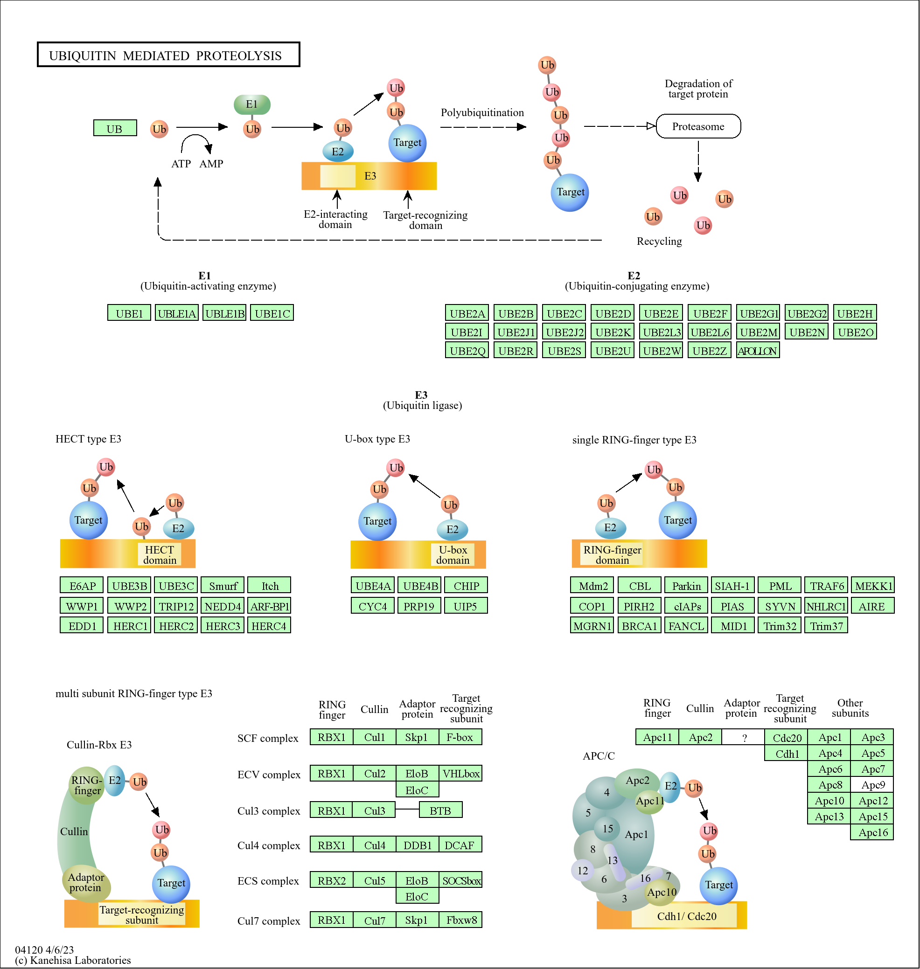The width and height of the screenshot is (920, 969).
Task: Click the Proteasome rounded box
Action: (x=698, y=126)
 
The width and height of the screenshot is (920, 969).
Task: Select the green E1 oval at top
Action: (x=251, y=104)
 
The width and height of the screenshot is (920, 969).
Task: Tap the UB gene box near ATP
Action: (x=115, y=128)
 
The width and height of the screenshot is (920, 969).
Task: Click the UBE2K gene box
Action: (x=613, y=332)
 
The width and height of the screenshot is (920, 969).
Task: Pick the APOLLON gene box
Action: (x=757, y=351)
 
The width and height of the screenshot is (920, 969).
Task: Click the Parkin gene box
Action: (x=686, y=586)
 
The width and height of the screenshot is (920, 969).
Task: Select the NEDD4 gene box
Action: (x=223, y=606)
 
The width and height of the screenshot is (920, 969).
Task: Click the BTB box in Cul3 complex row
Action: (x=440, y=810)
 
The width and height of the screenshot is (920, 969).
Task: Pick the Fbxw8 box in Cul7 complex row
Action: (x=460, y=920)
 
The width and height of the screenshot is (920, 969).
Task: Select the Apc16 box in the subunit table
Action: (x=873, y=832)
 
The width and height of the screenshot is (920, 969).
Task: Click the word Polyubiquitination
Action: (x=482, y=113)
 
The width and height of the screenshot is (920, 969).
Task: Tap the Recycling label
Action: (x=659, y=241)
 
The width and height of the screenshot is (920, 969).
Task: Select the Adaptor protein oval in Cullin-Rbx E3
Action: (x=86, y=882)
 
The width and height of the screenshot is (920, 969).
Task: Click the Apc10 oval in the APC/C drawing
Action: (x=662, y=892)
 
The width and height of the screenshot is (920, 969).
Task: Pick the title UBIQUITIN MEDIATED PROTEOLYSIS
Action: (x=166, y=55)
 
